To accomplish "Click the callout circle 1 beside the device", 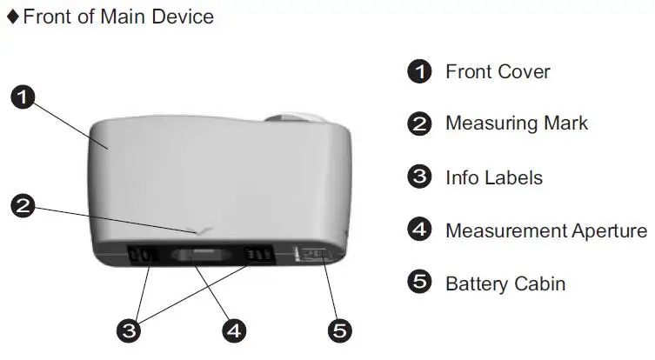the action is pos(23,97).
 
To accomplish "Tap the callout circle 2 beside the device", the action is pos(23,205).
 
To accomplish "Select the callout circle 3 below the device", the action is pos(129,330).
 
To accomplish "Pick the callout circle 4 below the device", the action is pos(234,330).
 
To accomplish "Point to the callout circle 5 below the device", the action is pos(339,330).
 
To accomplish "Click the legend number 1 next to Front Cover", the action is pos(419,71).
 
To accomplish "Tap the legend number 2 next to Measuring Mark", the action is pos(419,123).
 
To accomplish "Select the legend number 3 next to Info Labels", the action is pos(419,177).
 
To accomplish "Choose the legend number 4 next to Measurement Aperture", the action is pos(419,230).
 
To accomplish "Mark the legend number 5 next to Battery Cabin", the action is pos(419,282).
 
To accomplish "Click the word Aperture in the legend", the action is pos(610,231).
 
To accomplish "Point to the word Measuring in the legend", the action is pos(491,124).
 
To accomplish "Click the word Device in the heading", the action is pos(183,17).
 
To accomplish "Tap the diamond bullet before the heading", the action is pos(13,17).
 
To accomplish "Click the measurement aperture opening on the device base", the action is pos(201,255).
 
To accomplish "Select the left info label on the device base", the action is pos(142,254).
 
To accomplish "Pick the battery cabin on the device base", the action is pos(311,254).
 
